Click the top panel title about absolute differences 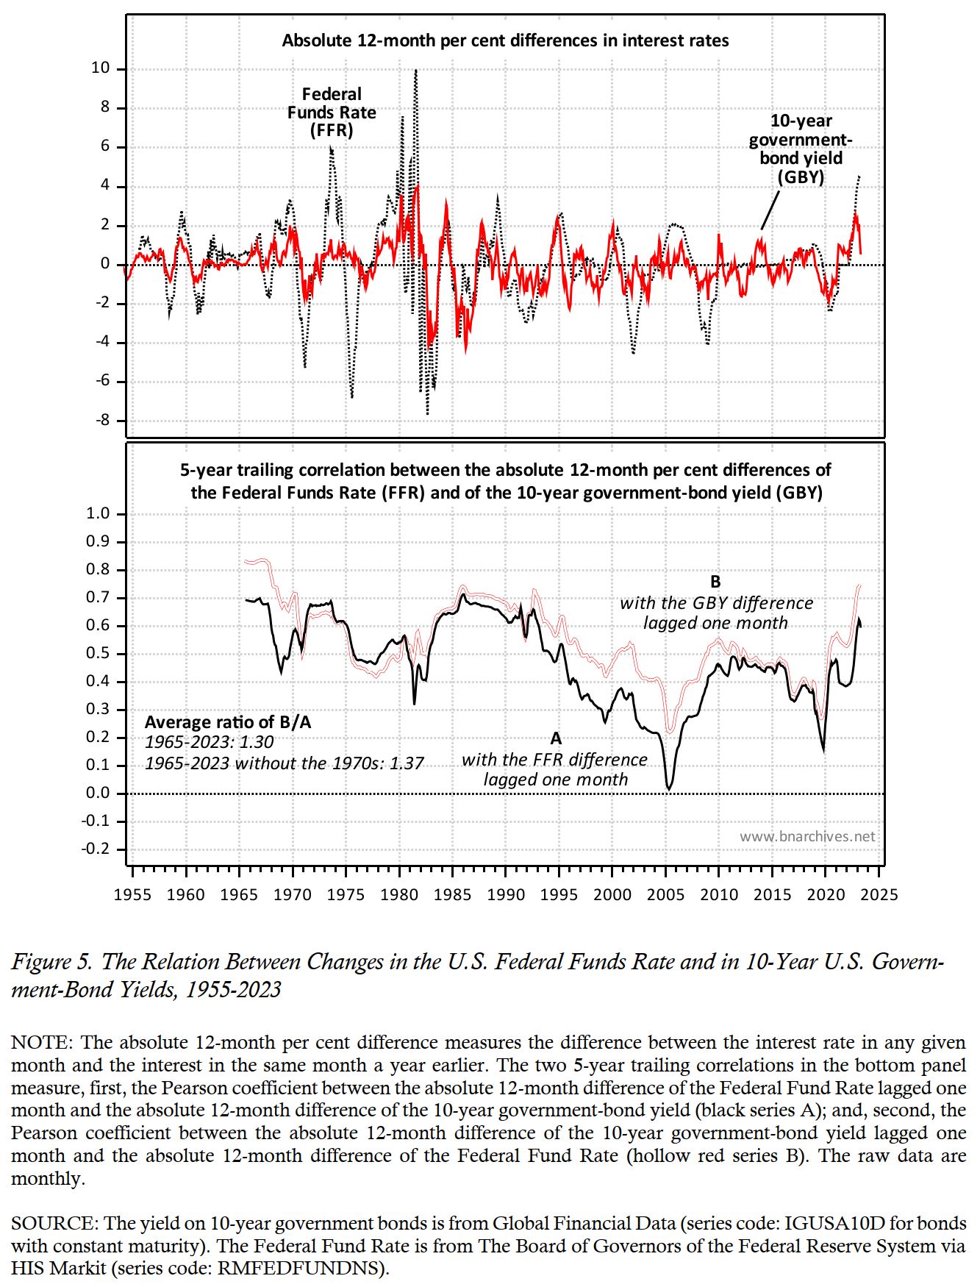(x=505, y=40)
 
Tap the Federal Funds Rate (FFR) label (x=332, y=113)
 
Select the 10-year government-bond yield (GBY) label (x=801, y=149)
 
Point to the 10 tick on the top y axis (x=100, y=68)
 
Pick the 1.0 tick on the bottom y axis (x=98, y=513)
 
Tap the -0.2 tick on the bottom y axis (x=96, y=849)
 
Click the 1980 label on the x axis (x=399, y=895)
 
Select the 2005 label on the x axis (x=665, y=895)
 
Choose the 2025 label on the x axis (x=879, y=895)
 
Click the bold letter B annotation (x=715, y=582)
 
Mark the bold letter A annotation (x=556, y=738)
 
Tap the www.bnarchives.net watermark (x=807, y=836)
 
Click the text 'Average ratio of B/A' (x=228, y=722)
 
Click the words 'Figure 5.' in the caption (x=52, y=962)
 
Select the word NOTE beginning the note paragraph (x=40, y=1043)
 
